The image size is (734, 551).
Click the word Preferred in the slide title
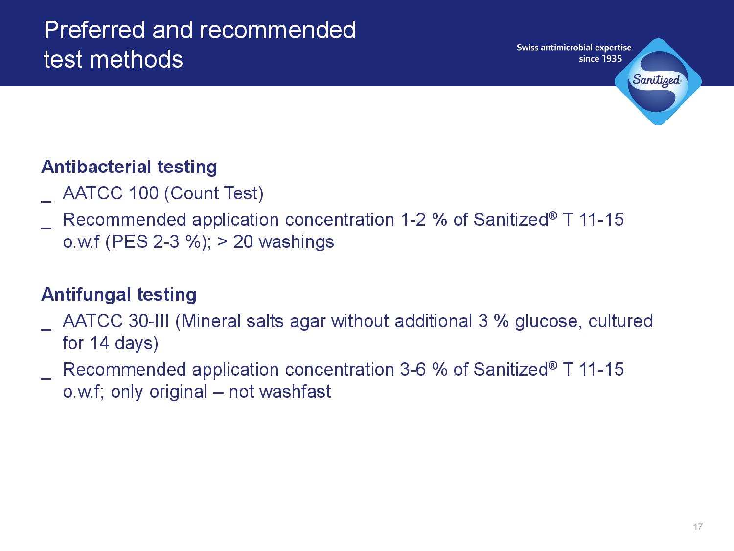pos(94,30)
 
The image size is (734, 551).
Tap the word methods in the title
pos(136,59)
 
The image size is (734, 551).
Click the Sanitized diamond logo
pos(658,82)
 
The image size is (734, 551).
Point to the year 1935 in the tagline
pos(611,59)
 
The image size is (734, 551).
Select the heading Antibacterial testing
pos(129,167)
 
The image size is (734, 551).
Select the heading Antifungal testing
pos(119,295)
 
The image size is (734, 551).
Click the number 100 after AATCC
pos(143,193)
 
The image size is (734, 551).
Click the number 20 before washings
pos(243,242)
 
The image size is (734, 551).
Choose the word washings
pos(297,242)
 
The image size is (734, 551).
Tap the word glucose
pos(547,322)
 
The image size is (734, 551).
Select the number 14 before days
pos(99,343)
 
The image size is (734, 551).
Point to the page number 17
pos(698,527)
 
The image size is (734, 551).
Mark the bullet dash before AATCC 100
pos(46,201)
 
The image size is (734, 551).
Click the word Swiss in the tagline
pos(528,48)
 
